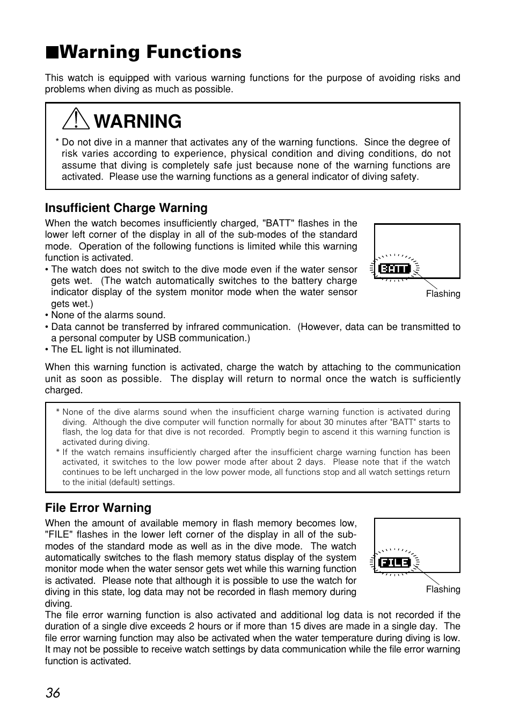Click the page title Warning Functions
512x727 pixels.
click(x=150, y=52)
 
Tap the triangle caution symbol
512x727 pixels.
click(x=76, y=119)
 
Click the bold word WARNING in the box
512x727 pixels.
click(x=137, y=122)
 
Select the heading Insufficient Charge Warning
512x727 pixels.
click(x=126, y=208)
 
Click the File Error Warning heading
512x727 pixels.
click(x=98, y=508)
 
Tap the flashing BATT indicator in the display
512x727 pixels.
click(x=394, y=269)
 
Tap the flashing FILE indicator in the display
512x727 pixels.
click(x=394, y=562)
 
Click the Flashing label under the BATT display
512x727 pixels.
click(x=443, y=294)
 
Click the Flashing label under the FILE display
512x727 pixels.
click(x=443, y=589)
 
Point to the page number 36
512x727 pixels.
click(x=53, y=693)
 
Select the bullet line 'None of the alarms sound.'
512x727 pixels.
click(x=107, y=315)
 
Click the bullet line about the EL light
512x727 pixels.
click(x=115, y=349)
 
